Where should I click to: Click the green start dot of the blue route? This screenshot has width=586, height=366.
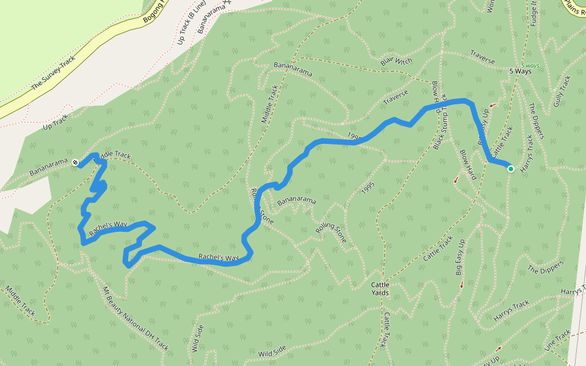tap(510, 169)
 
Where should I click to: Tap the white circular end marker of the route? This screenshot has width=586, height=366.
tap(74, 163)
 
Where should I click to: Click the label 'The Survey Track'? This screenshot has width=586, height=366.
tap(52, 74)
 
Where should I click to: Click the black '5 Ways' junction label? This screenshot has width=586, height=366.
tap(520, 71)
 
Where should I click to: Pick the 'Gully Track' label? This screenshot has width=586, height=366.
tap(562, 91)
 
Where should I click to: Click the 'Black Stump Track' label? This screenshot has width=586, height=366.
tap(440, 122)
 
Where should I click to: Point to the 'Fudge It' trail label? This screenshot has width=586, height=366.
tap(534, 12)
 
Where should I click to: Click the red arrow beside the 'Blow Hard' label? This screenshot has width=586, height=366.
tap(455, 180)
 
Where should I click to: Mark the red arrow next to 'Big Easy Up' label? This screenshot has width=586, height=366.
tap(461, 285)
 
